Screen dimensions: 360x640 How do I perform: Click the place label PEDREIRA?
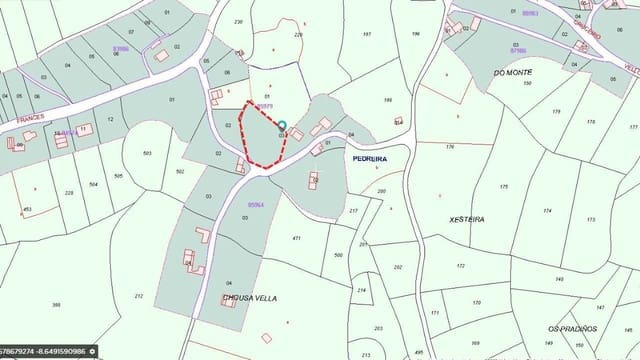[x=369, y=158]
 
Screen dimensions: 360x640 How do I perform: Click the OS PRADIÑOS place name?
[x=572, y=328]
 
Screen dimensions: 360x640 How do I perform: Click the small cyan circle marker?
[x=282, y=125]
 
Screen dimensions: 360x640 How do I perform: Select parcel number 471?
[x=296, y=238]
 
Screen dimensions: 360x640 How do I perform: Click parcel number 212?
[x=138, y=296]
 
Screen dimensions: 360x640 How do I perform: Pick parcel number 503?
[x=148, y=153]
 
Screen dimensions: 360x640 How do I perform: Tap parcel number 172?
[x=460, y=266]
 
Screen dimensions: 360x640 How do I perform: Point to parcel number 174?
[x=546, y=210]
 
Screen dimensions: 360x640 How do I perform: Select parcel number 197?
[x=367, y=34]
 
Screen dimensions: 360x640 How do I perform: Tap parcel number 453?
[x=27, y=209]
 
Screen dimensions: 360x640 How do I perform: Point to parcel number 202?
[x=398, y=267]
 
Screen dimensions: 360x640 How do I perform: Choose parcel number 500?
[x=338, y=255]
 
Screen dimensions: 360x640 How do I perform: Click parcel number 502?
[x=180, y=172]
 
